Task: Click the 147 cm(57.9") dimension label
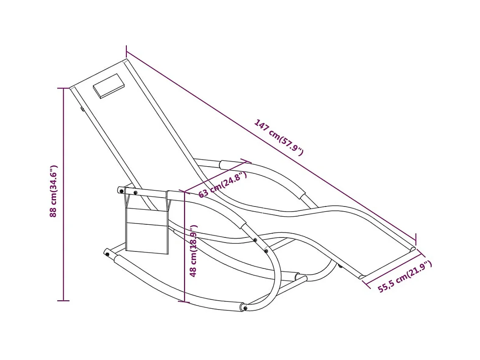(279, 137)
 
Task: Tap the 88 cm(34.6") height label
(54, 191)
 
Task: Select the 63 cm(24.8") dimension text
(222, 184)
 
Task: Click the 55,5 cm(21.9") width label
(405, 276)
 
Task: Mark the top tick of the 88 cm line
(64, 88)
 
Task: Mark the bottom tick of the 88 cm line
(64, 301)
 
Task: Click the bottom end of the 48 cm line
(185, 302)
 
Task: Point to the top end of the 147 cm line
(126, 52)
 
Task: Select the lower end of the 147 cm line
(416, 240)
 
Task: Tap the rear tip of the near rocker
(106, 253)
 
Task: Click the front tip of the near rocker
(243, 307)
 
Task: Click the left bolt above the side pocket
(122, 191)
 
